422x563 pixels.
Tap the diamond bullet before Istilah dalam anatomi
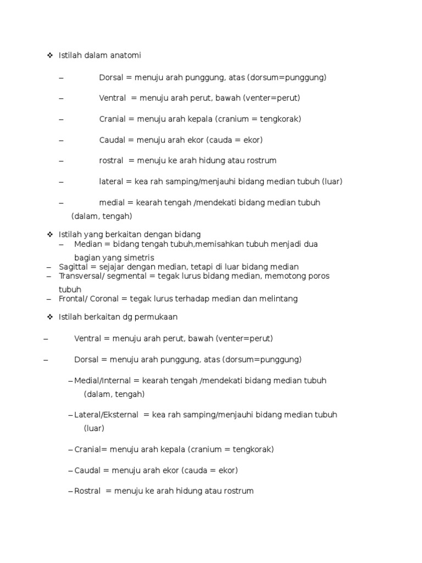[49, 56]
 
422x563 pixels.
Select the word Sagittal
[74, 267]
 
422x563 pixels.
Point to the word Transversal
[80, 276]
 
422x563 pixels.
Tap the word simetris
[138, 257]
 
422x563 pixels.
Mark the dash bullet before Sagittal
[49, 267]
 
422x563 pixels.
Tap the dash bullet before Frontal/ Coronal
[49, 299]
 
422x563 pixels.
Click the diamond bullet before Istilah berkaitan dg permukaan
[49, 317]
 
